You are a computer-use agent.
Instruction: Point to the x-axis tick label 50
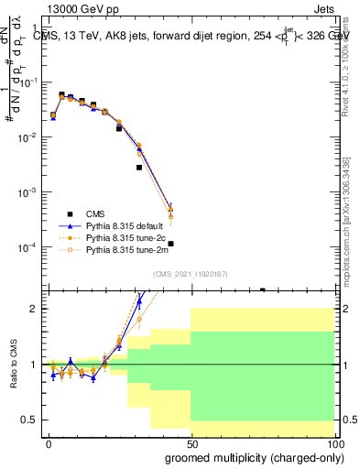click(191, 442)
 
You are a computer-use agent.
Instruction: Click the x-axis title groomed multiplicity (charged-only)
click(260, 457)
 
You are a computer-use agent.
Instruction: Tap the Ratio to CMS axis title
click(12, 365)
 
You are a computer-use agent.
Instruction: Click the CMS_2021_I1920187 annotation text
click(191, 273)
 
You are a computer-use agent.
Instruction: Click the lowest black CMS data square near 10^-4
click(170, 244)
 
